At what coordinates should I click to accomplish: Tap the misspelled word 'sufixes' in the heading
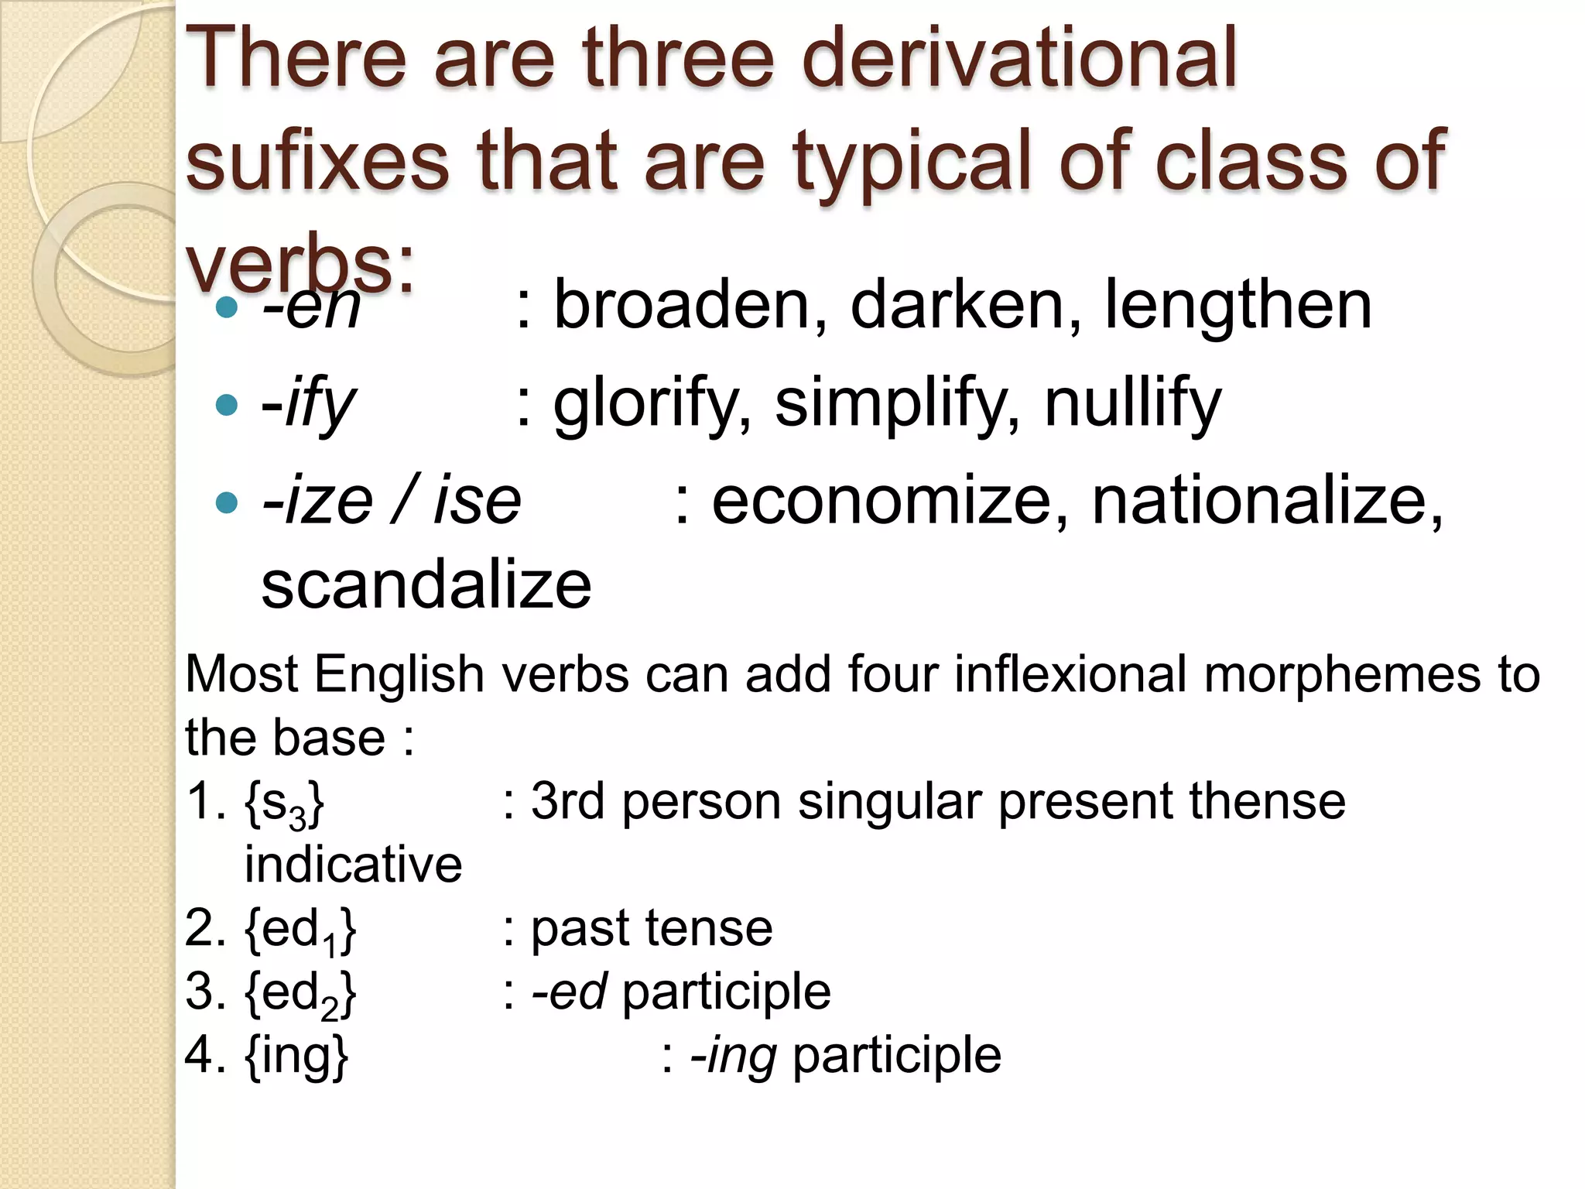(x=317, y=160)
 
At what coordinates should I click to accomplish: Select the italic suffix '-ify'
(x=309, y=404)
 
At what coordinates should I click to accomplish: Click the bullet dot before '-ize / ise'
(x=226, y=503)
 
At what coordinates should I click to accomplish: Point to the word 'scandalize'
(x=426, y=585)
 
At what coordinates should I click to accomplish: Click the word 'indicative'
(x=354, y=865)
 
